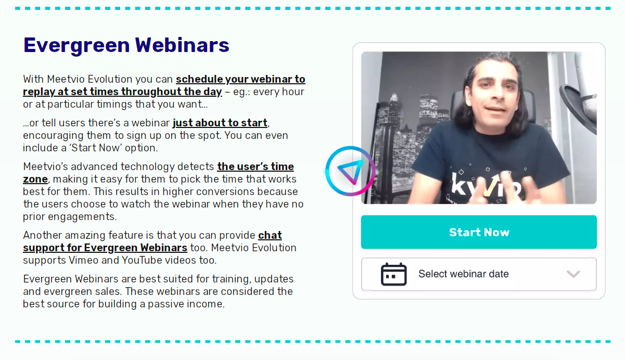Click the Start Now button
[479, 232]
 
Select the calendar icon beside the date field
[394, 274]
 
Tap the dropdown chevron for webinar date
[573, 274]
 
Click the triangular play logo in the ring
[350, 172]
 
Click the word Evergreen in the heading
[76, 45]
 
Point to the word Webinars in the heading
[182, 45]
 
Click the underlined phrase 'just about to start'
[220, 123]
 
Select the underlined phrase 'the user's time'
[256, 166]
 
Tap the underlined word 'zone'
[35, 179]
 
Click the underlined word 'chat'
[270, 235]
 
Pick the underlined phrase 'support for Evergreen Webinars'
[105, 248]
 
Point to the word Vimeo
[84, 260]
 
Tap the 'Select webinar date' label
[464, 274]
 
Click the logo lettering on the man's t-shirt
[486, 185]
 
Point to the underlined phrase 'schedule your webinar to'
[240, 79]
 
